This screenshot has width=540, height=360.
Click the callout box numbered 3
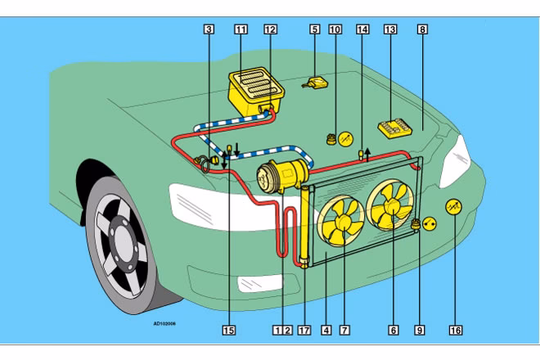click(209, 29)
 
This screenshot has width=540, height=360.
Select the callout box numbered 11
click(241, 29)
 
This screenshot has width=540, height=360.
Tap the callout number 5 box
click(314, 29)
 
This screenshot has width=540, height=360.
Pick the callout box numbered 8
click(422, 29)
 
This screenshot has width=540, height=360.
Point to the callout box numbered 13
click(389, 29)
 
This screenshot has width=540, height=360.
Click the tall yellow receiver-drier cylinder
click(306, 225)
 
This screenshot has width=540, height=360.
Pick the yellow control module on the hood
click(395, 128)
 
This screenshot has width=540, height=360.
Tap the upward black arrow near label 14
click(368, 151)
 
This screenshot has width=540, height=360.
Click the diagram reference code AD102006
click(165, 323)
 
